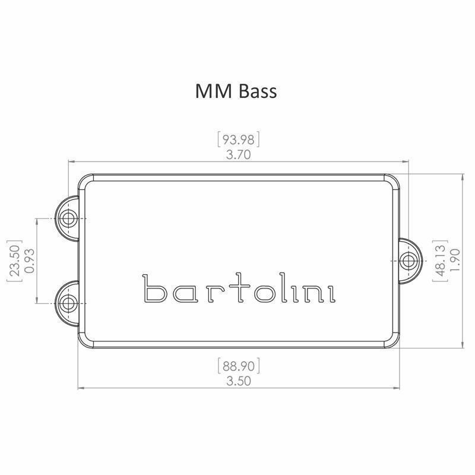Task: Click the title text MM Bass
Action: click(236, 91)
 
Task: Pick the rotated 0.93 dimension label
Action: click(28, 261)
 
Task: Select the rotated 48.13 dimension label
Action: click(440, 261)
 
